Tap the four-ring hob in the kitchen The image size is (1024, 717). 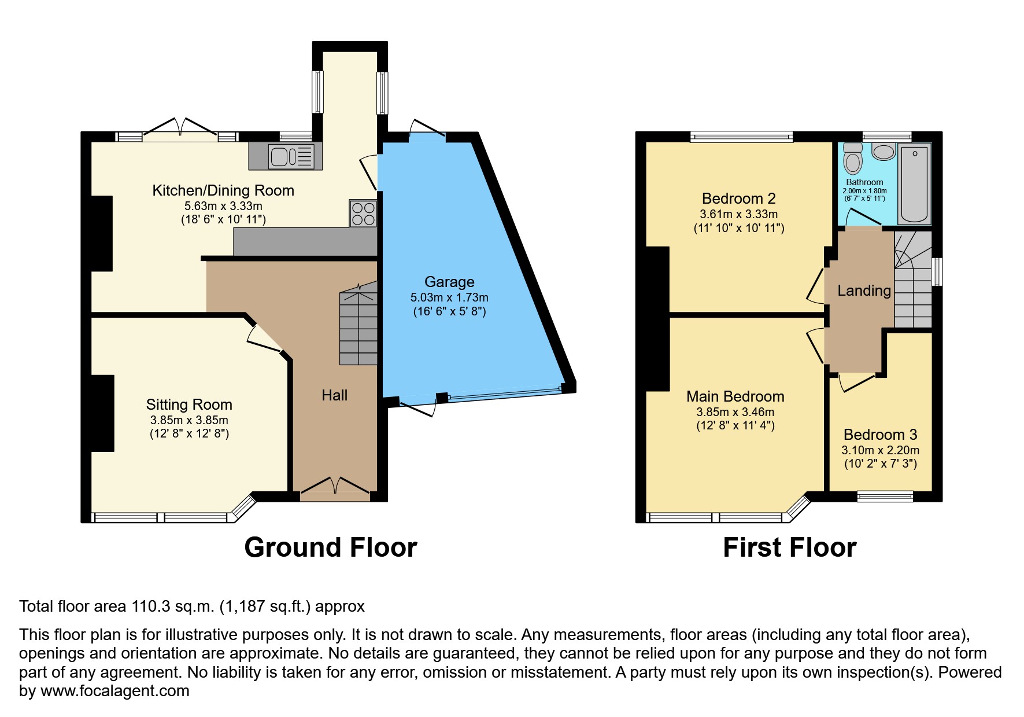pyautogui.click(x=363, y=214)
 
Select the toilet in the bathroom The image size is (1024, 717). pyautogui.click(x=853, y=159)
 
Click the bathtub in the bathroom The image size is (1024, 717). pyautogui.click(x=914, y=183)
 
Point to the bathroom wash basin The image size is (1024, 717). pyautogui.click(x=883, y=152)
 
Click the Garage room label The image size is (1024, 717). pyautogui.click(x=449, y=282)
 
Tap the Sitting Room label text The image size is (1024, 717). pyautogui.click(x=189, y=405)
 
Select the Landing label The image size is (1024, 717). pyautogui.click(x=864, y=291)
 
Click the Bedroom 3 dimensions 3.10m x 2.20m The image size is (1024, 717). pyautogui.click(x=880, y=450)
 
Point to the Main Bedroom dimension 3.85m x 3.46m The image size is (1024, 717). pyautogui.click(x=735, y=412)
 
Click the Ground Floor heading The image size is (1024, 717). pyautogui.click(x=330, y=547)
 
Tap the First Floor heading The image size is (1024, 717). pyautogui.click(x=789, y=547)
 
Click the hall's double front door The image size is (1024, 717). pyautogui.click(x=335, y=487)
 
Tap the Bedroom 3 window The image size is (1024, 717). pyautogui.click(x=885, y=496)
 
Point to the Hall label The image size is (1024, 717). pyautogui.click(x=334, y=395)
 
